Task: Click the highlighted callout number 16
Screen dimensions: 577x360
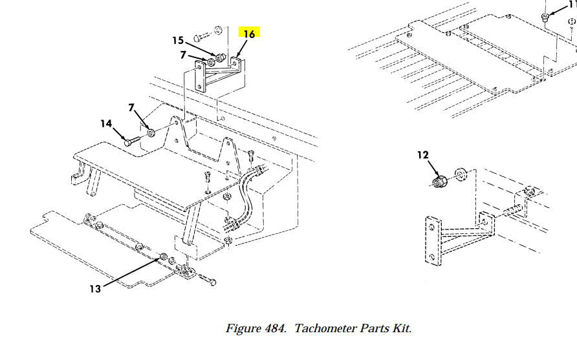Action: coord(249,34)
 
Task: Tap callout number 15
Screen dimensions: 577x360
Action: coord(178,40)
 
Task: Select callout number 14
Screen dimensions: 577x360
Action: coord(106,123)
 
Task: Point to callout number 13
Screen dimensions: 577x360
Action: coord(95,289)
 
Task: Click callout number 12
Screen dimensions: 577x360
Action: coord(423,155)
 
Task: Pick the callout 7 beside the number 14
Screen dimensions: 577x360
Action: coord(131,107)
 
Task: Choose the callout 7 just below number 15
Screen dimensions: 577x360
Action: coord(183,55)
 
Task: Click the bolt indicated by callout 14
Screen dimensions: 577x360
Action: coord(133,141)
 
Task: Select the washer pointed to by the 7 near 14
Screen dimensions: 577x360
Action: coord(151,132)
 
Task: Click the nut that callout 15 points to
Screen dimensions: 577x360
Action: coord(221,58)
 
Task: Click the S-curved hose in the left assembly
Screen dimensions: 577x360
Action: coord(244,198)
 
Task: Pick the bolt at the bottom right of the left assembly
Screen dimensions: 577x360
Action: coord(208,279)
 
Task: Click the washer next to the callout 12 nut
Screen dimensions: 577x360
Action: coord(461,175)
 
